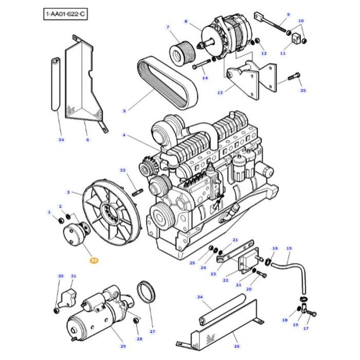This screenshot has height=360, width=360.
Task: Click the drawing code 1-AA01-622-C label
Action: [x=65, y=14]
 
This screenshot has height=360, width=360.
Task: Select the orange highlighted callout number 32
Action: [x=94, y=261]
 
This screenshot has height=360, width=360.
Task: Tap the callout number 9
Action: [x=288, y=15]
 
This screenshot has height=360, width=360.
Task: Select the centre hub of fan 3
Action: [x=110, y=211]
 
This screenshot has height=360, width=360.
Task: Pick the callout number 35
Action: [x=303, y=91]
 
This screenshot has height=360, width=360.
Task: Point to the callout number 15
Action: [x=289, y=248]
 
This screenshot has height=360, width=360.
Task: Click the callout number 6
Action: [x=87, y=139]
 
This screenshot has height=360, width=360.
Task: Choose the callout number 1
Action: [x=49, y=212]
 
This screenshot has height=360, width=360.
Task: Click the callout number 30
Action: [x=61, y=276]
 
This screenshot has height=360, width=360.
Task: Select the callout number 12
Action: [x=264, y=53]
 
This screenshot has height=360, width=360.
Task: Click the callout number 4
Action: [x=124, y=135]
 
